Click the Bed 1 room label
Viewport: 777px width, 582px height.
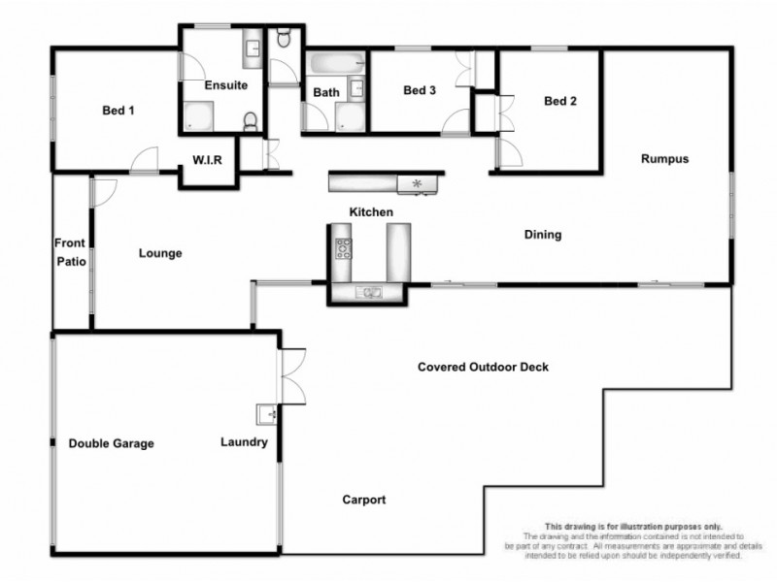coord(118,111)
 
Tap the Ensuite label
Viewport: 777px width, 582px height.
coord(225,85)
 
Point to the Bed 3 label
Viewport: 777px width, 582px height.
coord(420,90)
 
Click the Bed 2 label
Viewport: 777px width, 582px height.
coord(560,100)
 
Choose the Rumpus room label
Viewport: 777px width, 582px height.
coord(664,159)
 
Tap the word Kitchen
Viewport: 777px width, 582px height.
coord(371,211)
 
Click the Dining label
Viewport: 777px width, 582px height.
coord(543,235)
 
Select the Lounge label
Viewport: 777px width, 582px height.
coord(160,254)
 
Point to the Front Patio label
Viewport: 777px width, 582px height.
coord(70,252)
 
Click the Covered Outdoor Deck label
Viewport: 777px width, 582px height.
coord(483,367)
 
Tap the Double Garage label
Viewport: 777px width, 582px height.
coord(111,443)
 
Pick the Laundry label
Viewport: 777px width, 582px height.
coord(244,442)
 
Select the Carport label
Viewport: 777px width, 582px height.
coord(364,501)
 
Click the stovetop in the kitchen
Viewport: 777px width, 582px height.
coord(343,249)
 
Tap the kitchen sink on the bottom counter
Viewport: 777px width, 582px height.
coord(370,292)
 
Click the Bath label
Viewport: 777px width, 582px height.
coord(326,93)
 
